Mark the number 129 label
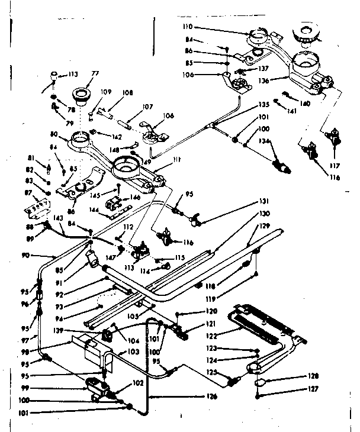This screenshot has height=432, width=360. click(265, 227)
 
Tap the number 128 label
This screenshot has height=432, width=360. click(313, 376)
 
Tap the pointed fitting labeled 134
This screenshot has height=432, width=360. click(282, 166)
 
